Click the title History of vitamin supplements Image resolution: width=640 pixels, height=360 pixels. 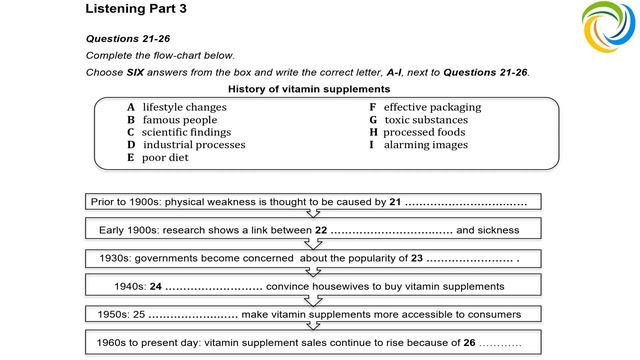[306, 89]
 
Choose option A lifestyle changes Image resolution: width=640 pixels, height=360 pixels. [177, 107]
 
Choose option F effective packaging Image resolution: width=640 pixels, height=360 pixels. [425, 107]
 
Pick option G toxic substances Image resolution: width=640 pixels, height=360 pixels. [418, 120]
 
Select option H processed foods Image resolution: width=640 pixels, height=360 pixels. [417, 132]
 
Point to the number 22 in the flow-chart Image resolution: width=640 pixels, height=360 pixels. [321, 230]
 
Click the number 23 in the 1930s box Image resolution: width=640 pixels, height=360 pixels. [417, 258]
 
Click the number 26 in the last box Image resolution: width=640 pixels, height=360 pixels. [468, 342]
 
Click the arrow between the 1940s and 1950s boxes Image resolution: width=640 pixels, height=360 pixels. [313, 299]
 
